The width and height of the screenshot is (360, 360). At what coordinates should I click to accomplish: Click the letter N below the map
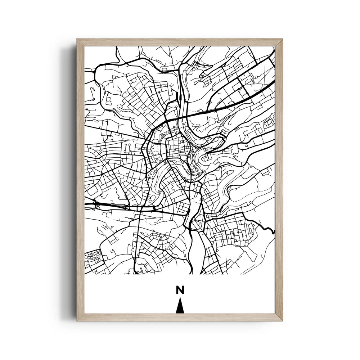(180, 290)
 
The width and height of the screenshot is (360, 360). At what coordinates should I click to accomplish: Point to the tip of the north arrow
(180, 298)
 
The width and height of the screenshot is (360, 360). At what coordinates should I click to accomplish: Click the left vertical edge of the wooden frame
(80, 180)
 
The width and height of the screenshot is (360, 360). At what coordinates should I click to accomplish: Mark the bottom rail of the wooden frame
(180, 317)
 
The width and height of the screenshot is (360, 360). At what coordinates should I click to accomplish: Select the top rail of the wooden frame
(180, 42)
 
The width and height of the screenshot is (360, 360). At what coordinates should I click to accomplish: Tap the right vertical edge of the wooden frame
(279, 180)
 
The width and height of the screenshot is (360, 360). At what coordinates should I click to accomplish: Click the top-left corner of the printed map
(85, 46)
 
